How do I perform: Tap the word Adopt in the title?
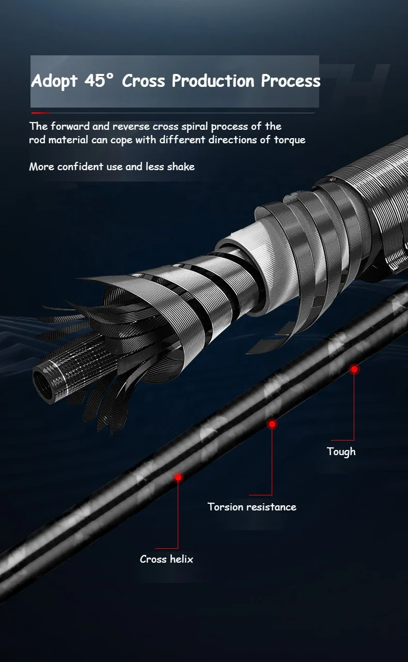pos(54,82)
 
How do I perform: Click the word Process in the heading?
pos(290,81)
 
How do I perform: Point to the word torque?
pos(288,140)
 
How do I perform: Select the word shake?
pos(181,167)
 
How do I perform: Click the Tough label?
pos(341,452)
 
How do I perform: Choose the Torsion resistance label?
pos(252,507)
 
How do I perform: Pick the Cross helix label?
pos(166,559)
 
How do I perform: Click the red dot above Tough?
pos(354,369)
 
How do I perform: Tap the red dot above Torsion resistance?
pos(272,424)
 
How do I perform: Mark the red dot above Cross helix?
pos(178,477)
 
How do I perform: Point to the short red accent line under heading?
pos(40,113)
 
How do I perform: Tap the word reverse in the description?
pos(131,126)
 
